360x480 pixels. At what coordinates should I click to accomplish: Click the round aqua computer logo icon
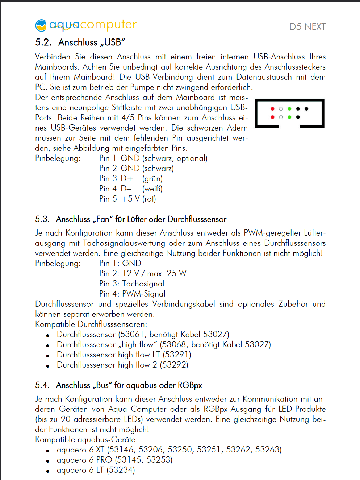pyautogui.click(x=41, y=25)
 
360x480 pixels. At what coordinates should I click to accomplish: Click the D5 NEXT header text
pyautogui.click(x=307, y=26)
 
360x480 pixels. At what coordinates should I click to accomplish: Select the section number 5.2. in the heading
pyautogui.click(x=43, y=42)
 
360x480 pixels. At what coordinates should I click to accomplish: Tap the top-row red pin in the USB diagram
pyautogui.click(x=272, y=109)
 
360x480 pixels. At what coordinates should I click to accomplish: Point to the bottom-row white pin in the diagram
pyautogui.click(x=281, y=117)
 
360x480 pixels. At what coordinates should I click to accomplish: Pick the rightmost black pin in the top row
pyautogui.click(x=306, y=109)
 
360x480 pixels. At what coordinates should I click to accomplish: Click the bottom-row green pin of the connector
pyautogui.click(x=289, y=117)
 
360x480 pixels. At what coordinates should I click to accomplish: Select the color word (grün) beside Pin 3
pyautogui.click(x=152, y=179)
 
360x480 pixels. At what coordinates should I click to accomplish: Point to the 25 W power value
pyautogui.click(x=176, y=273)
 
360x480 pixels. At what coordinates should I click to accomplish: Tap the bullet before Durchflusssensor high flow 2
pyautogui.click(x=47, y=366)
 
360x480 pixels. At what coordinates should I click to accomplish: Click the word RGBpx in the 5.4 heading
pyautogui.click(x=189, y=385)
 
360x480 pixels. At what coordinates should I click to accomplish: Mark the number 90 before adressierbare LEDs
pyautogui.click(x=66, y=419)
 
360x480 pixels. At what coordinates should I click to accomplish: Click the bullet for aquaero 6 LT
pyautogui.click(x=47, y=471)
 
